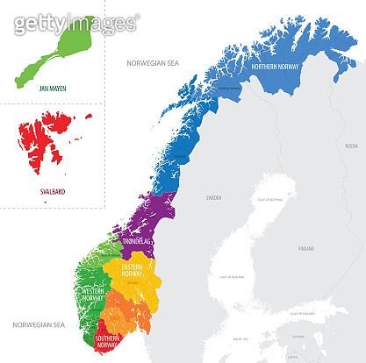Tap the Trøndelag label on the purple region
click(x=138, y=240)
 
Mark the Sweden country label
click(x=214, y=198)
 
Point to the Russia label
click(x=351, y=145)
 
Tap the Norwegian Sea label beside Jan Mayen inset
click(x=153, y=64)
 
